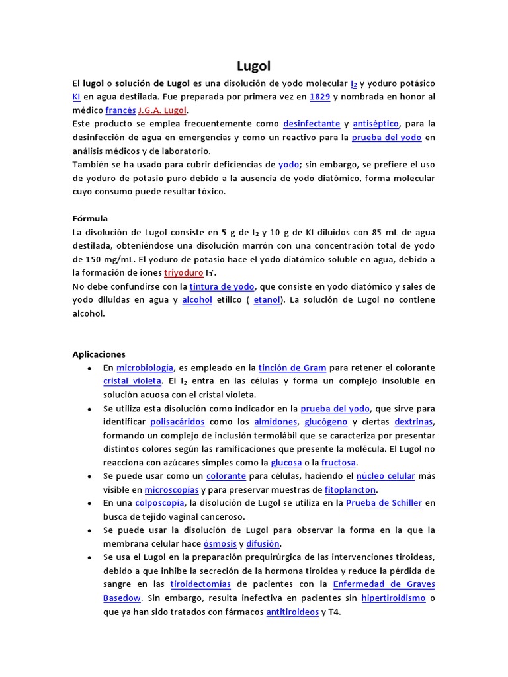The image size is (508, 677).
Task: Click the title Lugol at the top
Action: (254, 66)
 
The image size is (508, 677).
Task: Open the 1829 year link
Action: (319, 97)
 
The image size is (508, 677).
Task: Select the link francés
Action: (120, 110)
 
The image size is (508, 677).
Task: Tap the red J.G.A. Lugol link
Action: (163, 110)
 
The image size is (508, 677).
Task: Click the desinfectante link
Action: (312, 124)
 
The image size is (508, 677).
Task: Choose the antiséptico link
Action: (376, 124)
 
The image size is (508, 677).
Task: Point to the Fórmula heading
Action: (90, 218)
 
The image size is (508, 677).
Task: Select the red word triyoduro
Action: (184, 272)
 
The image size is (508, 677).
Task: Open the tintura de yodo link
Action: (222, 286)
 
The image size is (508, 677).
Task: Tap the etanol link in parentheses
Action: (267, 300)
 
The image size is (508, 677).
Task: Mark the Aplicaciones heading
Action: (99, 354)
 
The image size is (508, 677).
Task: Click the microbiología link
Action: (145, 368)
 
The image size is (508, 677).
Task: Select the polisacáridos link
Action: (177, 422)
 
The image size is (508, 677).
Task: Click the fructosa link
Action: (339, 463)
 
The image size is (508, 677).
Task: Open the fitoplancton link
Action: (350, 490)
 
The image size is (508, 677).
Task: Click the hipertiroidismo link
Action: (393, 598)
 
